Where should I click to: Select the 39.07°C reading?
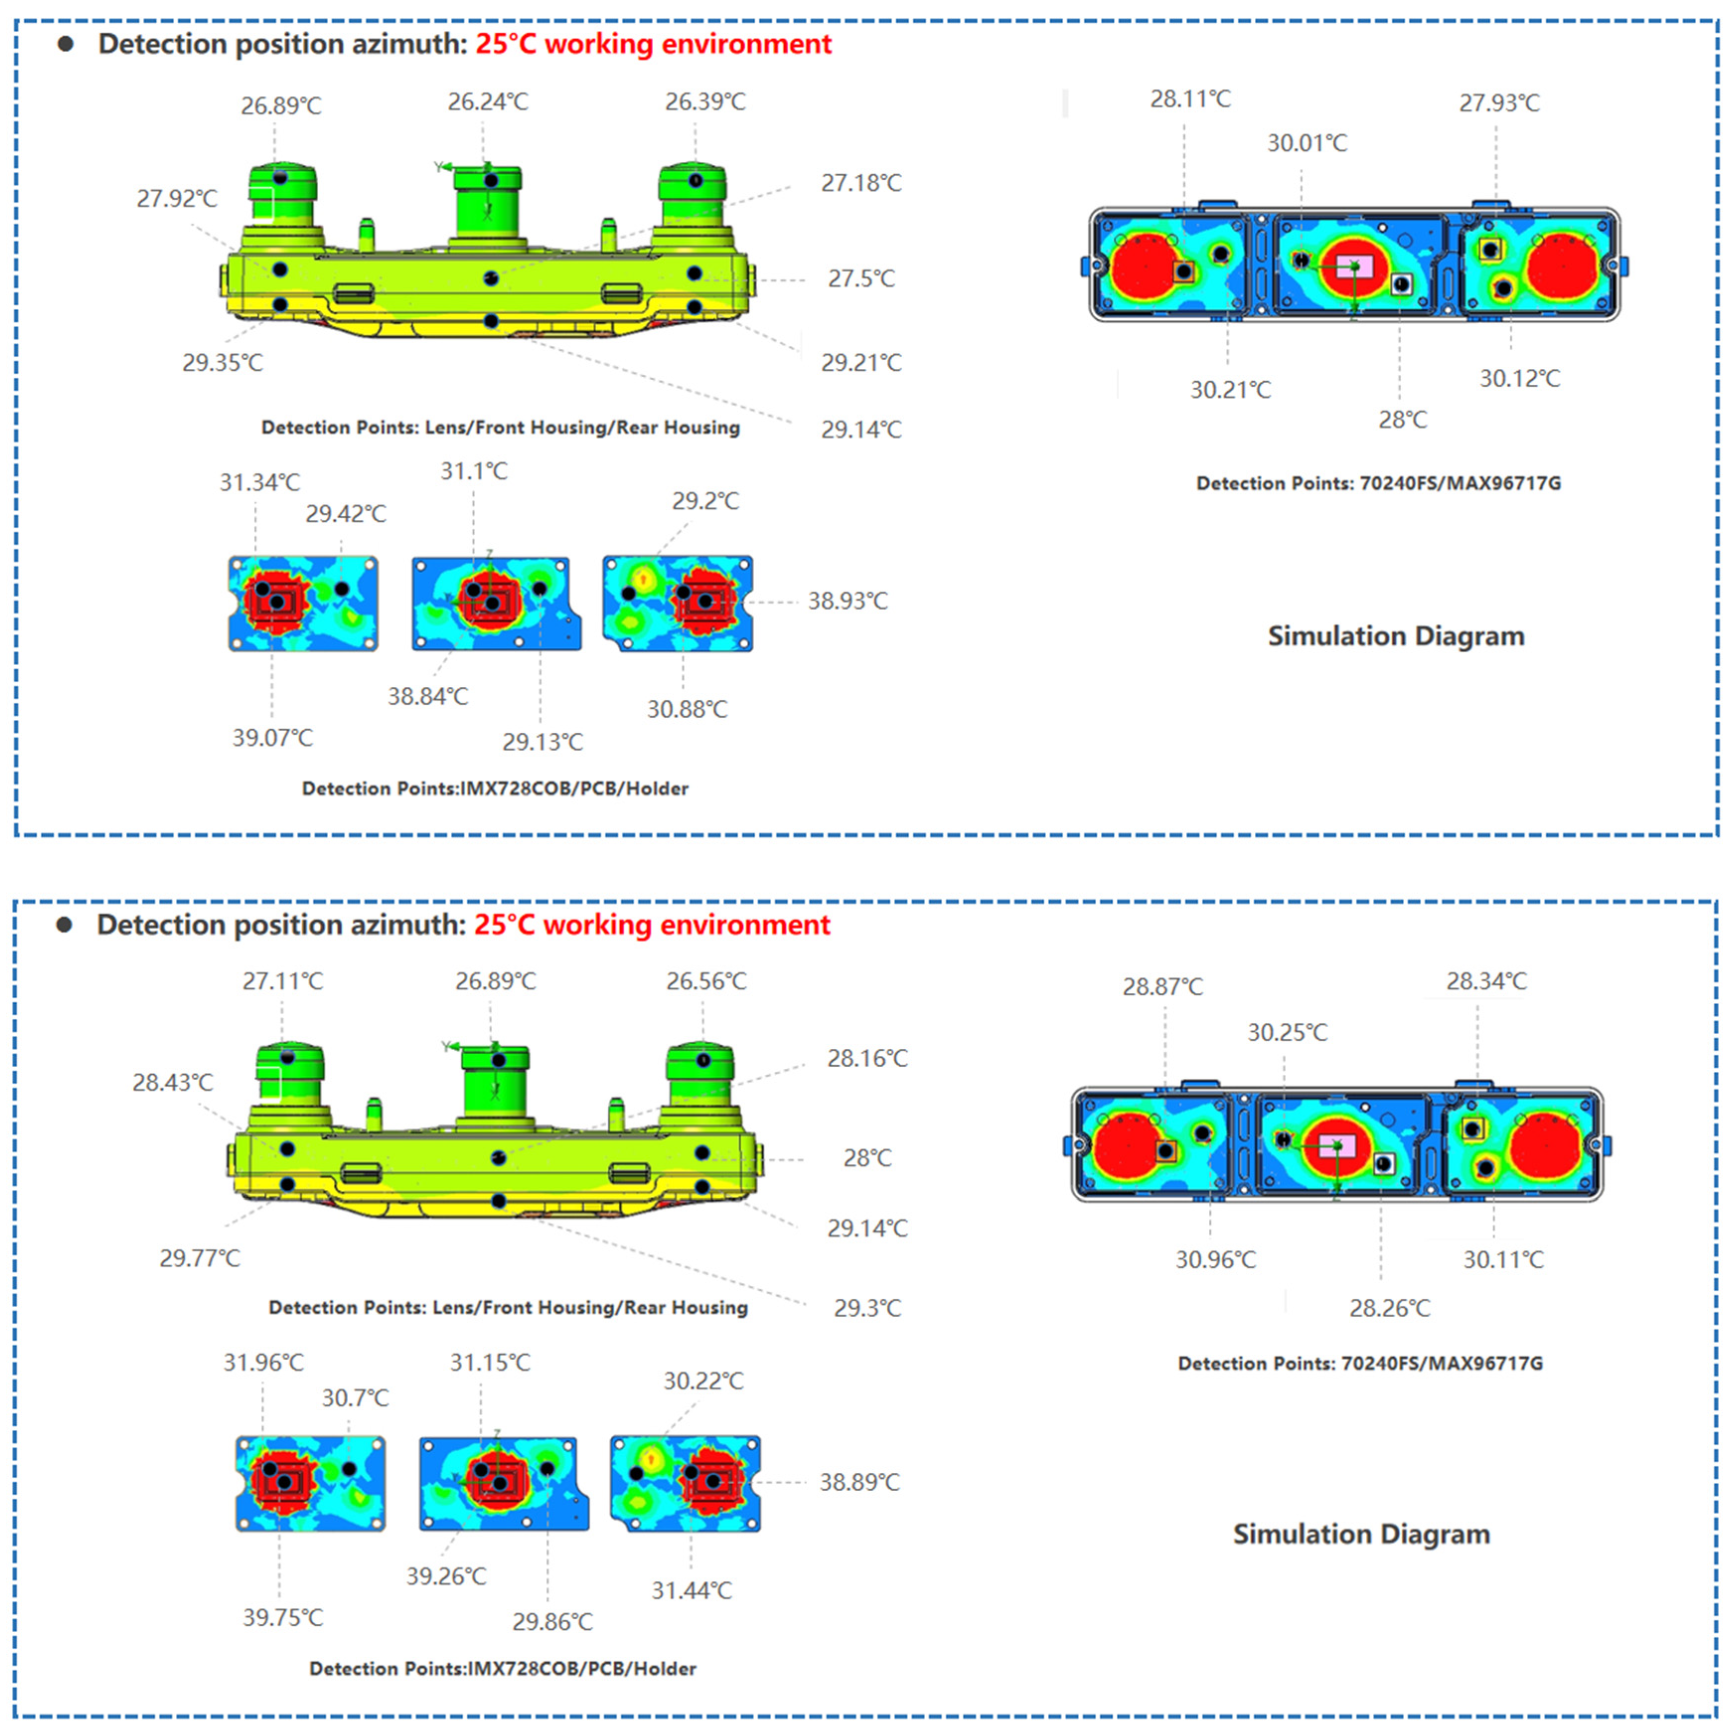pos(273,737)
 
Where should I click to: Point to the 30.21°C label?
pos(1229,390)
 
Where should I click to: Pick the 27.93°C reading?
pos(1499,103)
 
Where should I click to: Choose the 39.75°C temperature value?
pos(282,1617)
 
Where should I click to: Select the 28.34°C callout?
pos(1486,981)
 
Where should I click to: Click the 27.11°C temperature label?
pos(282,981)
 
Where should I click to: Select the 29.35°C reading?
pos(222,363)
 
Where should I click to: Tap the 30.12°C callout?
pos(1519,378)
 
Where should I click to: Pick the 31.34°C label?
pos(260,482)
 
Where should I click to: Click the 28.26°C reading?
pos(1389,1308)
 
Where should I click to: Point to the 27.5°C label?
pos(860,278)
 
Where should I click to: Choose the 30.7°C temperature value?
pos(355,1398)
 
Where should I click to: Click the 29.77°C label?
pos(199,1258)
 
